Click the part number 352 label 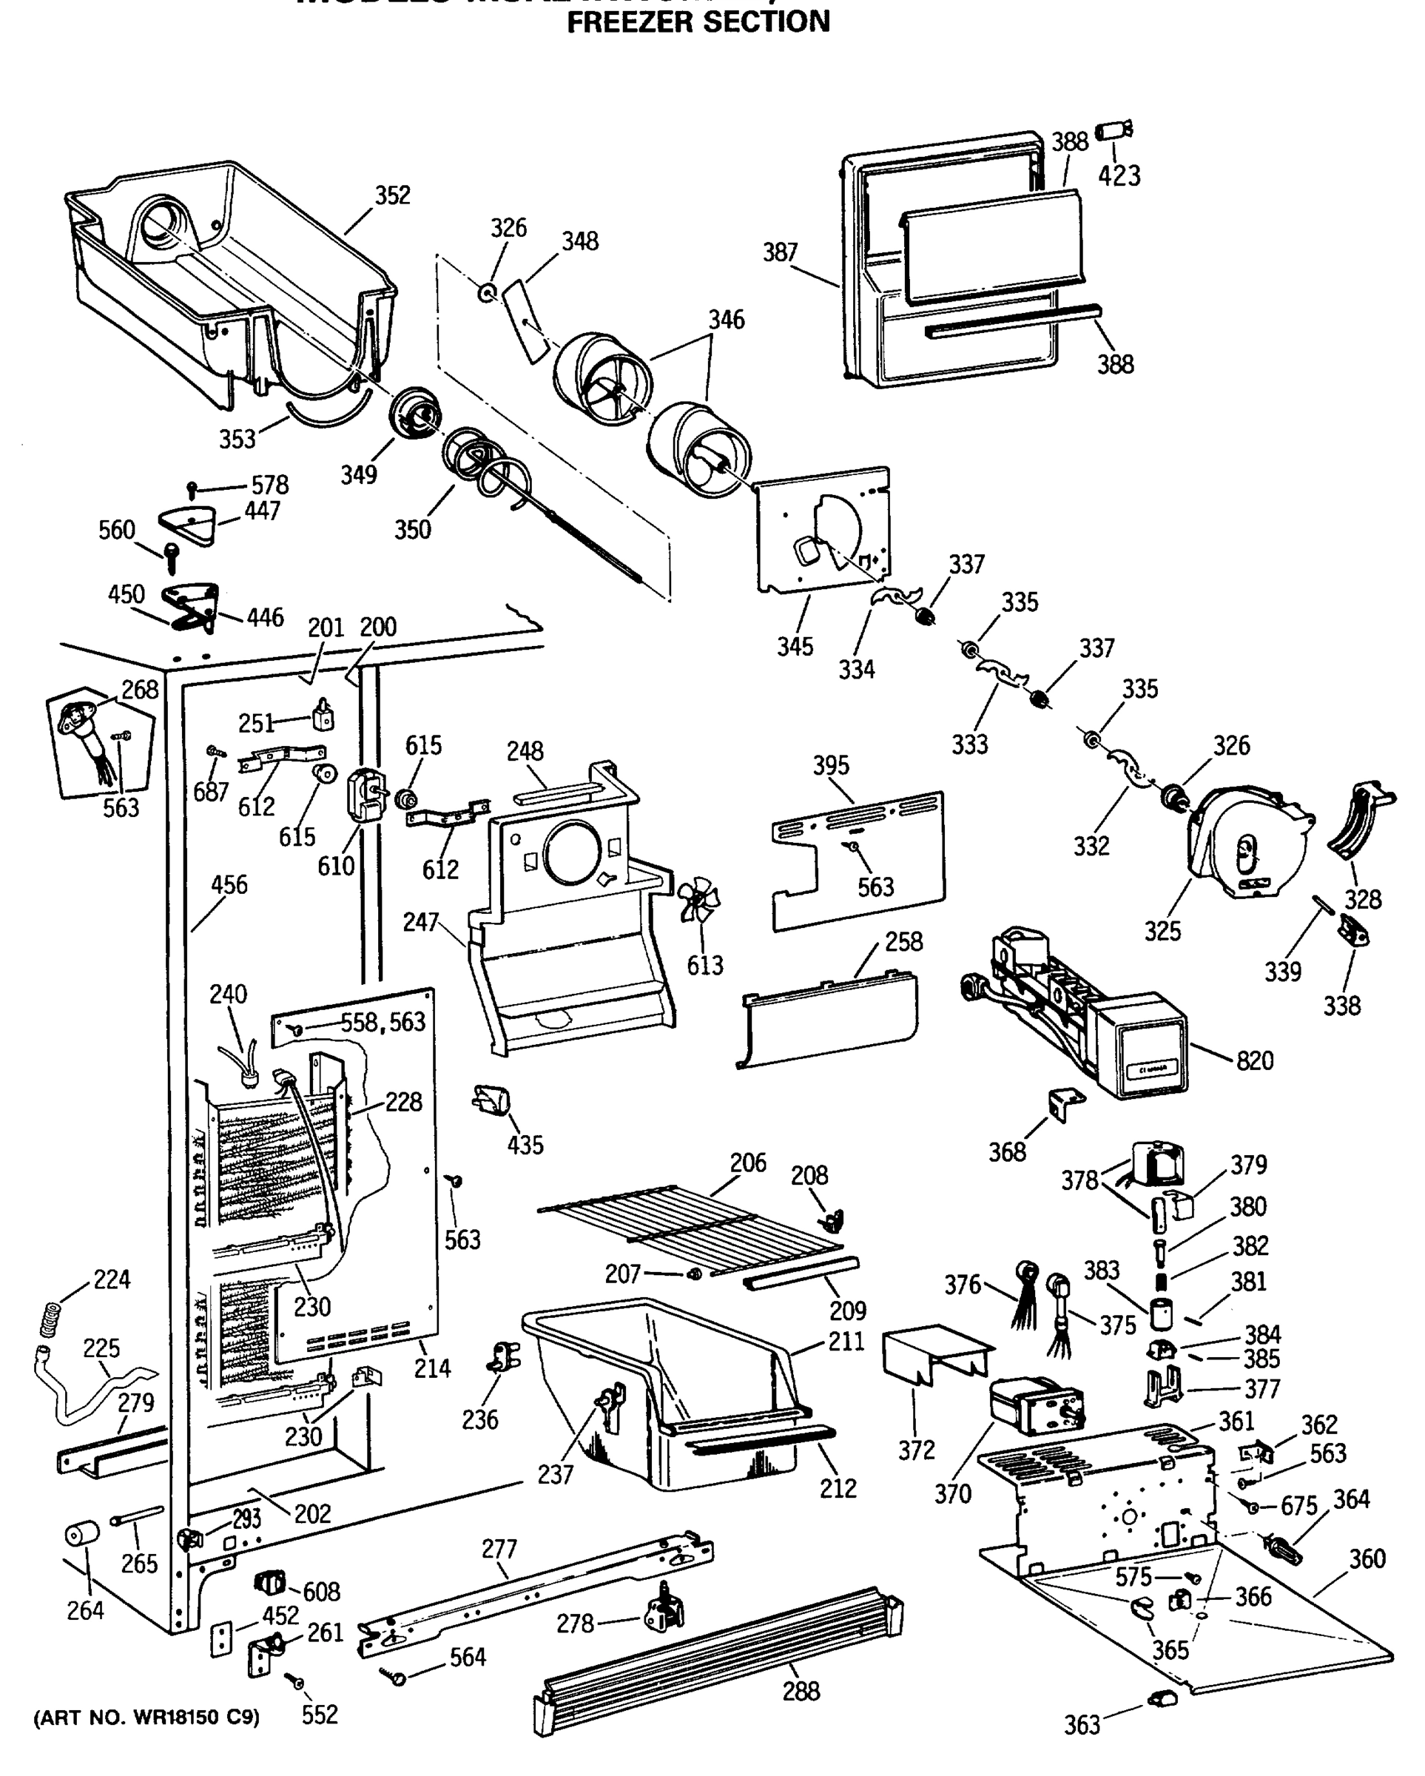click(392, 195)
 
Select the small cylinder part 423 click(1114, 132)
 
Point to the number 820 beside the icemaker click(1255, 1060)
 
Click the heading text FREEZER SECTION click(698, 22)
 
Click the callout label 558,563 click(383, 1022)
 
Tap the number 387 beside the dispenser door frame click(780, 252)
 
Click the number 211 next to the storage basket click(846, 1342)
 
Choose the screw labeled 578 click(192, 489)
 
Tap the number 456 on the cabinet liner click(229, 885)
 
